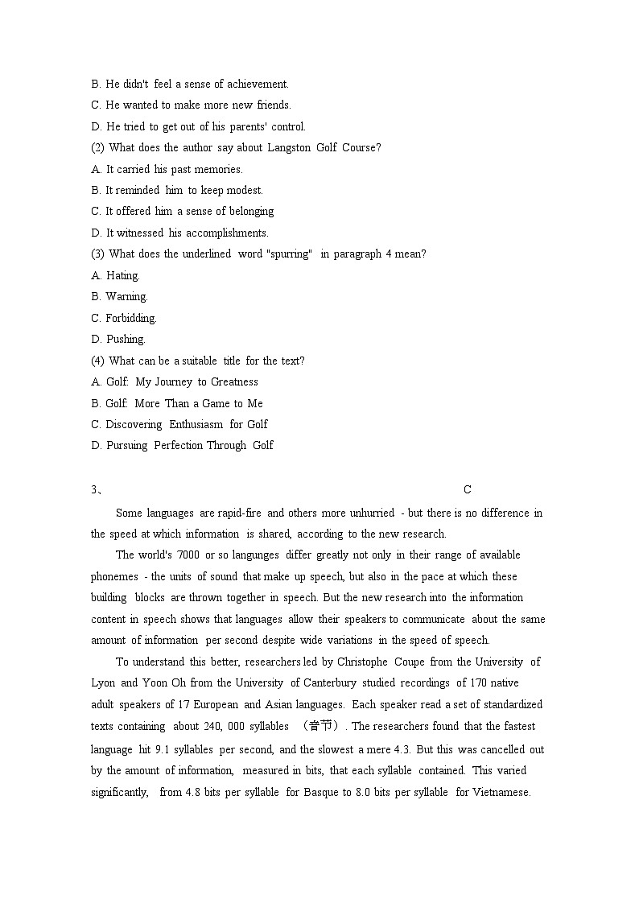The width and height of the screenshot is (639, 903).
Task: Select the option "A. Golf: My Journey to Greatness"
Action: (175, 382)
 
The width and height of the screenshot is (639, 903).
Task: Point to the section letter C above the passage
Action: (468, 490)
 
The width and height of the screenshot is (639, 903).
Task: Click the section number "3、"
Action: (96, 490)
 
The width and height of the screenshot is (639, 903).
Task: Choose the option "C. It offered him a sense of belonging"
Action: (183, 212)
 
